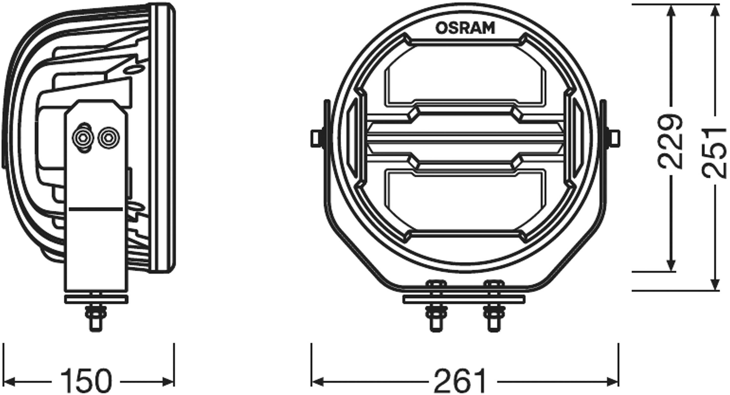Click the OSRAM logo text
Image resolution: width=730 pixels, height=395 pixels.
[465, 28]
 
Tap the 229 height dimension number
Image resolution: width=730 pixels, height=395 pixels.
[670, 141]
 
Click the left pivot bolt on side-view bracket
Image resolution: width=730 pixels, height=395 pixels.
[83, 138]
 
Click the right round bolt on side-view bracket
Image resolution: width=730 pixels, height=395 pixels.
[108, 138]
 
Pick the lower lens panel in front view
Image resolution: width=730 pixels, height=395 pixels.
[465, 196]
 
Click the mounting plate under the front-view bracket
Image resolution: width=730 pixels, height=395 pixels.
[464, 299]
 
